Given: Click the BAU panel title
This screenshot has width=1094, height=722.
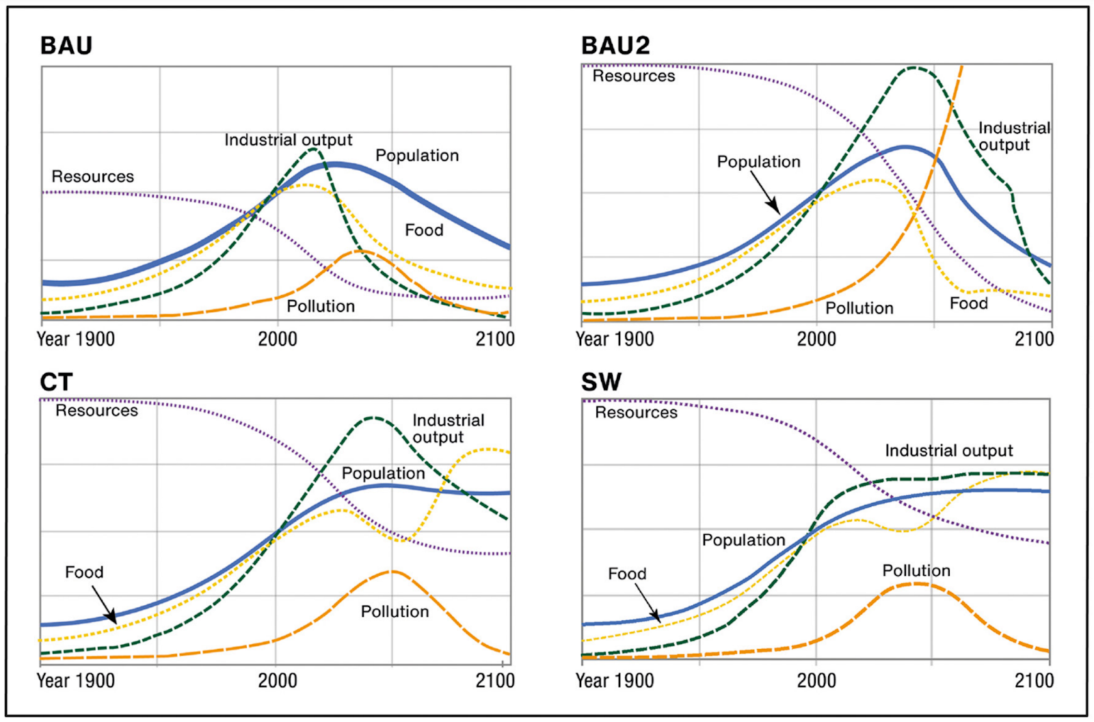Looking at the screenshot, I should [66, 46].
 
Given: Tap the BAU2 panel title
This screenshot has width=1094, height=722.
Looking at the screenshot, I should [615, 46].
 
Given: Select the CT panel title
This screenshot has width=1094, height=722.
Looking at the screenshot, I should [56, 383].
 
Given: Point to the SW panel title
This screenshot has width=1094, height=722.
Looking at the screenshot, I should [601, 383].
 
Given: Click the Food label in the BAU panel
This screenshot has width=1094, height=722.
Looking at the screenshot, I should [424, 230].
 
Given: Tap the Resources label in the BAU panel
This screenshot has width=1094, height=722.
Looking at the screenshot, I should [93, 177].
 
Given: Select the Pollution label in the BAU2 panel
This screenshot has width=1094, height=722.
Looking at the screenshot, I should [859, 308].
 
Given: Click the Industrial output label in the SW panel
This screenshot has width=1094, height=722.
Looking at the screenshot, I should [949, 451].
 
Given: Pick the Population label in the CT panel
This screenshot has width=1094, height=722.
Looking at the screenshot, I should [383, 473].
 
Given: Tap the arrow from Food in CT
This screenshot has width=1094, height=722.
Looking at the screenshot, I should [104, 603].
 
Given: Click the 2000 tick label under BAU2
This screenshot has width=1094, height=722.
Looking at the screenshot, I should [816, 339].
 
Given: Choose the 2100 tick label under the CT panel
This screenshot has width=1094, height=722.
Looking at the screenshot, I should [495, 681].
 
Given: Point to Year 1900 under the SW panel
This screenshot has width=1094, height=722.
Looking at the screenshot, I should [615, 681].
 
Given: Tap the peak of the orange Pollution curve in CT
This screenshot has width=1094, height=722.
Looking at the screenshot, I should [392, 571].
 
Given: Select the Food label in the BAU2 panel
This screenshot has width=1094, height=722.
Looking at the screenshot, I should [969, 303].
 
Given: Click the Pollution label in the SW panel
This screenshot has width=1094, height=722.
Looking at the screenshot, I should [916, 571].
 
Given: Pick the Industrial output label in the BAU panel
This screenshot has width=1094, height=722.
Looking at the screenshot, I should [288, 140].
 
